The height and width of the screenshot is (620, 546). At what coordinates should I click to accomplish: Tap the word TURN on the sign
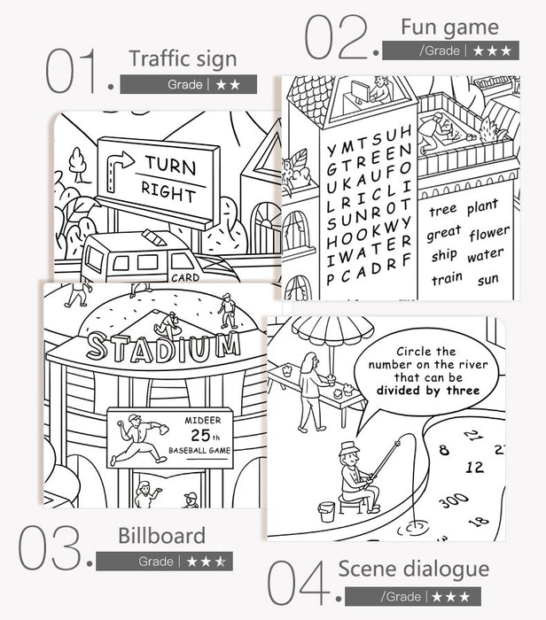point(171,165)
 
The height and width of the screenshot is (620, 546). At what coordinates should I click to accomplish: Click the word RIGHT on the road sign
point(169,192)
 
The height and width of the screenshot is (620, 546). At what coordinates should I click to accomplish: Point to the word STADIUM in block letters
point(164,347)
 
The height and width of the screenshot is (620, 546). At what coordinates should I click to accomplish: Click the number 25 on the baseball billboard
point(201,435)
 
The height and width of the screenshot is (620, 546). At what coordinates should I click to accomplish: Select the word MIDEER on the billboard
point(203,421)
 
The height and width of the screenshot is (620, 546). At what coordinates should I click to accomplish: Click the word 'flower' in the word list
point(489,233)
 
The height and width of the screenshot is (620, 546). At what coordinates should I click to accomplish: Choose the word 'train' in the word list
point(447,278)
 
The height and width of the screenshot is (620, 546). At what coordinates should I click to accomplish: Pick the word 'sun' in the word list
point(487,280)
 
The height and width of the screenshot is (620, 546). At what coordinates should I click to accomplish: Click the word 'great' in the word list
point(443,233)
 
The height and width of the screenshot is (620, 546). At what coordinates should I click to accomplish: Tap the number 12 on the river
point(475,467)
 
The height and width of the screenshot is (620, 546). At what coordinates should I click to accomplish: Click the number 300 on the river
point(454,500)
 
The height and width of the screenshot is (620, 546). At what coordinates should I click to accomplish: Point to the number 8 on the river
point(444,450)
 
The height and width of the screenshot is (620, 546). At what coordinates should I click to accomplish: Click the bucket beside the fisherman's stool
point(327,512)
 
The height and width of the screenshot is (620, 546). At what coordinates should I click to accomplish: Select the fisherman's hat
point(349,448)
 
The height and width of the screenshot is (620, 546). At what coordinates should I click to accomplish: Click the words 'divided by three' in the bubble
point(428,391)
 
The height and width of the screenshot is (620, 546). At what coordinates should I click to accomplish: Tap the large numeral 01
point(71,71)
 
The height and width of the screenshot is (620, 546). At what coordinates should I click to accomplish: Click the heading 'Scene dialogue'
point(414,570)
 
